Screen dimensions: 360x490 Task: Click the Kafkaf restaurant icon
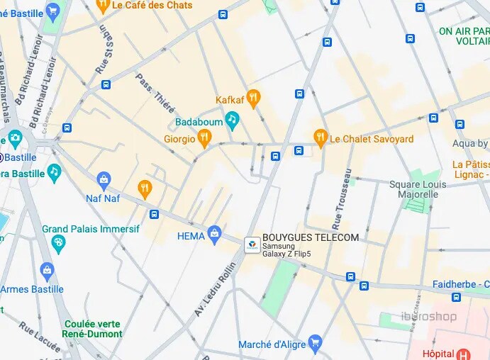coord(253,99)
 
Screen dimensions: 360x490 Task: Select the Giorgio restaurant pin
coord(205,139)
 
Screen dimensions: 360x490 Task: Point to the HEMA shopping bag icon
coord(215,236)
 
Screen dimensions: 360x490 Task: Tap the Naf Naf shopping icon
coord(104,181)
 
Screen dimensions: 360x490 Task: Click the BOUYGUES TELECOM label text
coord(311,237)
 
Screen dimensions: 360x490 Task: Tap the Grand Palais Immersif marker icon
coord(59,245)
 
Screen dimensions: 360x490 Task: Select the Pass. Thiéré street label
coord(155,93)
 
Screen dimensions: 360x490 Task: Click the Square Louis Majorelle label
coord(418,189)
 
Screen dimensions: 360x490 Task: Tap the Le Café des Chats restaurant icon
coord(103,6)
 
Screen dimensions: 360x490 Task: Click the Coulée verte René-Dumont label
coord(92,328)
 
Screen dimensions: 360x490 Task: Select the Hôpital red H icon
coord(464,354)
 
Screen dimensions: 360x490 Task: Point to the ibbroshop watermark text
coord(429,317)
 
